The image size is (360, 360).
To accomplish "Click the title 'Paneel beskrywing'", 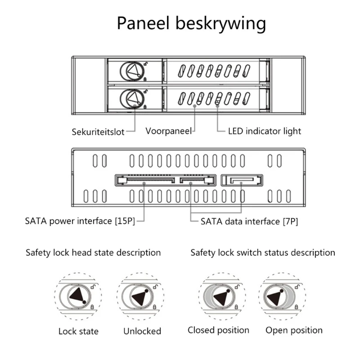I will [x=191, y=23].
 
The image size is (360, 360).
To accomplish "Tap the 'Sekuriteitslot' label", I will [x=98, y=132].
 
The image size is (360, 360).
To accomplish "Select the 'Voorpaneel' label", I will [x=168, y=131].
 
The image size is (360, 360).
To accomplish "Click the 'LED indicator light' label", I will [x=264, y=131].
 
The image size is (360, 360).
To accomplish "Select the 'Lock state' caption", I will [x=78, y=332].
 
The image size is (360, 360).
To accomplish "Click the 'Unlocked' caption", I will [x=142, y=331].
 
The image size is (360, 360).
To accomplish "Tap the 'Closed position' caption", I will [x=218, y=330].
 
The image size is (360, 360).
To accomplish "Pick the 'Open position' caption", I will [x=294, y=330].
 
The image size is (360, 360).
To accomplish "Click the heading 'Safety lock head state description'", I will [x=93, y=252].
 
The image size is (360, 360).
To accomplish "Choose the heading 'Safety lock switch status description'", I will [x=263, y=252].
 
